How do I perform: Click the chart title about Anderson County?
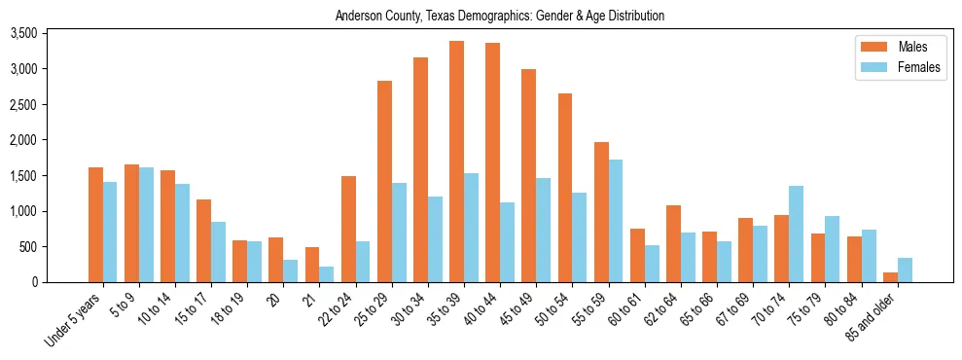click(499, 17)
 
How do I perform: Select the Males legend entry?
click(894, 47)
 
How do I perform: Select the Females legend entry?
click(894, 67)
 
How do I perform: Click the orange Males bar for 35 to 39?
click(456, 162)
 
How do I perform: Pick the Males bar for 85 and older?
click(890, 277)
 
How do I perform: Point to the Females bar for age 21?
click(326, 274)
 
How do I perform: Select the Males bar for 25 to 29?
click(384, 181)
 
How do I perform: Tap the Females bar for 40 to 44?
click(507, 242)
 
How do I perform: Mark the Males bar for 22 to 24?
click(348, 229)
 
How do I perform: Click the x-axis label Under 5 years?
click(74, 320)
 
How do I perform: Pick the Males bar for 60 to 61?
click(637, 255)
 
